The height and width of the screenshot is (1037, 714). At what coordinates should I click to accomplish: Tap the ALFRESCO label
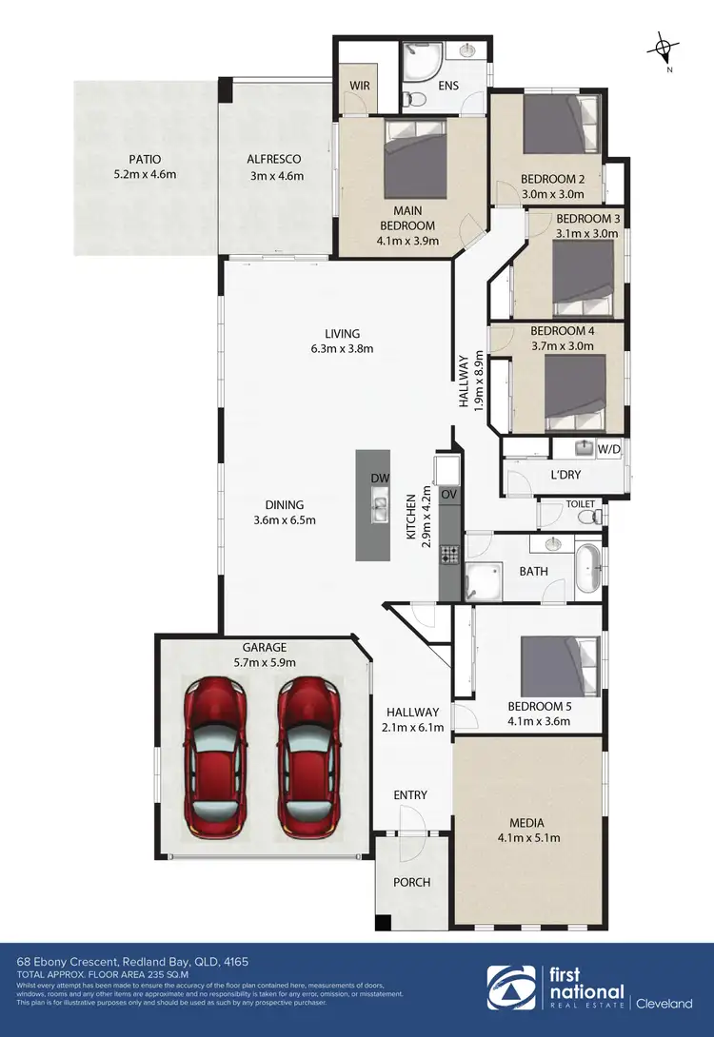275,160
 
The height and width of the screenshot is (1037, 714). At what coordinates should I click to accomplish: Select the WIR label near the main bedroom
360,85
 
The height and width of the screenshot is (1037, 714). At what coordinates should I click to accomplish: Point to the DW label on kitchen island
379,479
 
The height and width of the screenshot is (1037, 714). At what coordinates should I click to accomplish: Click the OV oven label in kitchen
449,495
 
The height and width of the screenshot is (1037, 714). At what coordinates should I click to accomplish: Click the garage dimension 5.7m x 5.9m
265,663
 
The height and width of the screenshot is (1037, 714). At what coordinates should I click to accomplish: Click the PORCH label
411,882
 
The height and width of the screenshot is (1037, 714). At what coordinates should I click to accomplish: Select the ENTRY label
410,795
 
